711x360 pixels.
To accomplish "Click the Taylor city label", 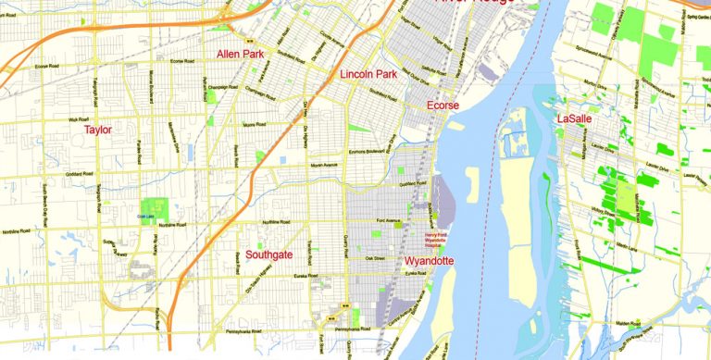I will pyautogui.click(x=98, y=130).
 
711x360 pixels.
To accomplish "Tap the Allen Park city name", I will pyautogui.click(x=240, y=55).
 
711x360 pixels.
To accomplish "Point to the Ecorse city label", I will pyautogui.click(x=443, y=106).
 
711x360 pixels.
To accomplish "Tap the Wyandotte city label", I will pyautogui.click(x=430, y=262).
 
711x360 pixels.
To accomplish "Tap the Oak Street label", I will pyautogui.click(x=375, y=258).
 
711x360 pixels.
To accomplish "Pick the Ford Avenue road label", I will pyautogui.click(x=388, y=221).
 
